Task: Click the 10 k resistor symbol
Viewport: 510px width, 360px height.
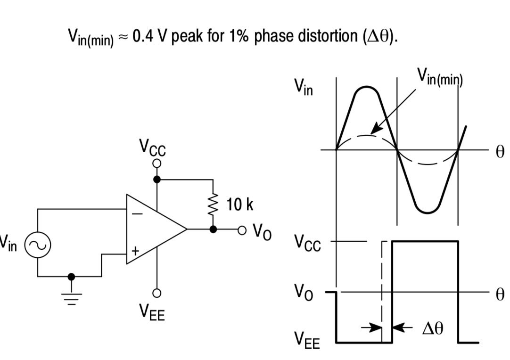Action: [214, 204]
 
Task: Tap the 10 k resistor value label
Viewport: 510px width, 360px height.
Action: [239, 205]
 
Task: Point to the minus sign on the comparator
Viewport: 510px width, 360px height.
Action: [137, 213]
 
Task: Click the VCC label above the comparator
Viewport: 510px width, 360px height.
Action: [152, 148]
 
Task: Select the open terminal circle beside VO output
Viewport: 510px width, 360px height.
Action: [242, 230]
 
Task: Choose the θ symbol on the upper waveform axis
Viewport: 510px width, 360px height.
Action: [500, 152]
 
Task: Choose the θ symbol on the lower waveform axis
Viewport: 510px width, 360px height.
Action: [500, 295]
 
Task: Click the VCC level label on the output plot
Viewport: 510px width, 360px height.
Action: [307, 243]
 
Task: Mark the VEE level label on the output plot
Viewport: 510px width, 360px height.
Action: [307, 340]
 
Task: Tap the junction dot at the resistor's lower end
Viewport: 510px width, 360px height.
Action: [214, 229]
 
